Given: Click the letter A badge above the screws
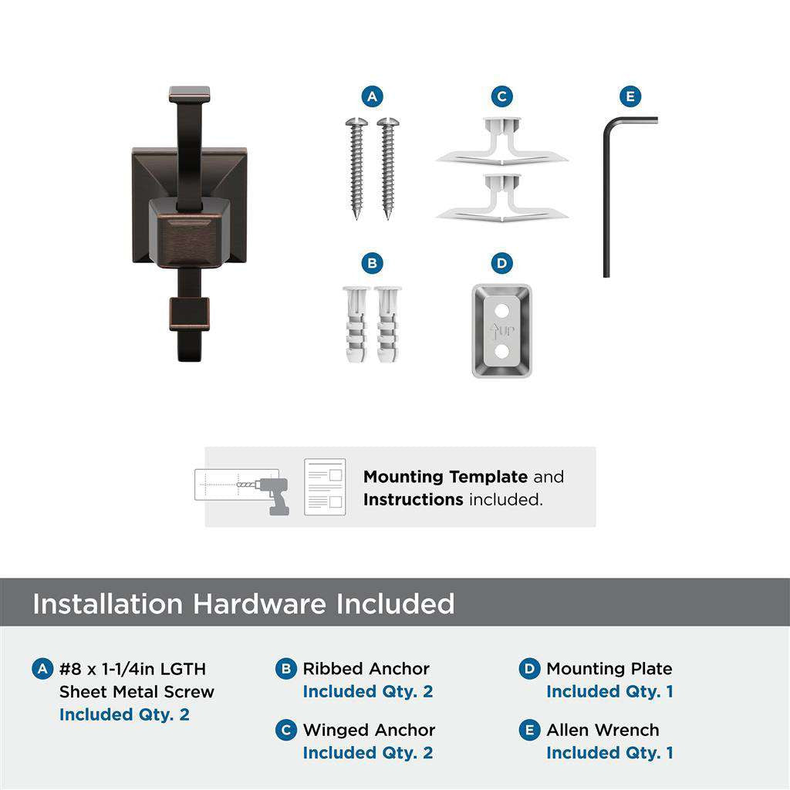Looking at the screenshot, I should pyautogui.click(x=372, y=97).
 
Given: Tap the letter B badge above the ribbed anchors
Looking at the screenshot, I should pyautogui.click(x=372, y=264).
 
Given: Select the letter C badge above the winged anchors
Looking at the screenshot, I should pyautogui.click(x=501, y=97).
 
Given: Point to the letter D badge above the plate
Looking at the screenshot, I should pyautogui.click(x=501, y=264).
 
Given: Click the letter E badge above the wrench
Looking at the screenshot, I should pyautogui.click(x=630, y=97).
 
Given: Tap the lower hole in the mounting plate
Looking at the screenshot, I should pyautogui.click(x=502, y=352).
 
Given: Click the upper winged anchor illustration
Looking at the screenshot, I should pyautogui.click(x=501, y=142).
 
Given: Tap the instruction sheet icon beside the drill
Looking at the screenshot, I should pyautogui.click(x=324, y=487).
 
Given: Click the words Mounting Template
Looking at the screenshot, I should pyautogui.click(x=445, y=477).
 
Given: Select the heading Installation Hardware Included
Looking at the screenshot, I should pyautogui.click(x=243, y=603).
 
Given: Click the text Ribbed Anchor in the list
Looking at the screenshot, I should pyautogui.click(x=366, y=669).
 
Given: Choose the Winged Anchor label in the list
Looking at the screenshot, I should pyautogui.click(x=369, y=730).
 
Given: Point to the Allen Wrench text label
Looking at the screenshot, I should pyautogui.click(x=603, y=730).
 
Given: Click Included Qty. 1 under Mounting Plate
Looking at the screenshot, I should pyautogui.click(x=609, y=692).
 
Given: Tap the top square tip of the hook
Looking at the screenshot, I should pyautogui.click(x=190, y=95).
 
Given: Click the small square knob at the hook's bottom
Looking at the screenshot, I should pyautogui.click(x=190, y=315).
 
